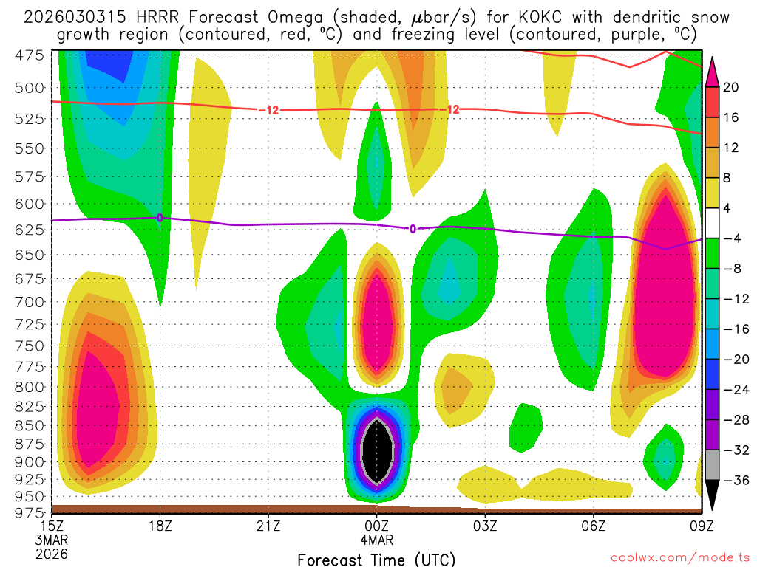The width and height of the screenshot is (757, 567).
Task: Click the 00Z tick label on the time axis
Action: pyautogui.click(x=377, y=526)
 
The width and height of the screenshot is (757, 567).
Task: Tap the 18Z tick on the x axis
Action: pyautogui.click(x=160, y=526)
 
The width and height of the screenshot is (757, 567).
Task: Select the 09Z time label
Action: pyautogui.click(x=702, y=526)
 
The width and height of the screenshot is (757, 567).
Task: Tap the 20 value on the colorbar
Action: pyautogui.click(x=731, y=87)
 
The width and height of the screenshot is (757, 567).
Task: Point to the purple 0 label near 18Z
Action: pyautogui.click(x=160, y=218)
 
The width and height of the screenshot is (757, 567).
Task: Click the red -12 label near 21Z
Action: pyautogui.click(x=268, y=110)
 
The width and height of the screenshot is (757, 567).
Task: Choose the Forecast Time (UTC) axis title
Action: pyautogui.click(x=376, y=559)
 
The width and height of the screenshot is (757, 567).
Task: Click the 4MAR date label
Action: pyautogui.click(x=377, y=540)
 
